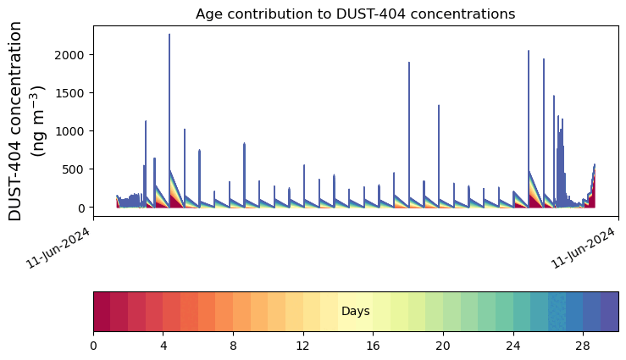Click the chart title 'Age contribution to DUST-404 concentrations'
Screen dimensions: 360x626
coord(355,14)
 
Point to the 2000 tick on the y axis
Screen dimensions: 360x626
coord(74,55)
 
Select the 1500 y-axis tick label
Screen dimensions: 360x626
coord(74,93)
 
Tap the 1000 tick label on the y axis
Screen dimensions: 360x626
coord(74,131)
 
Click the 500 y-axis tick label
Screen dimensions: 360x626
coord(77,169)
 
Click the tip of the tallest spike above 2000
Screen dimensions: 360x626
coord(169,35)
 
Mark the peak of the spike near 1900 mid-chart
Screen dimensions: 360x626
coord(409,63)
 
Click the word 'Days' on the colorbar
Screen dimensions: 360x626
coord(355,312)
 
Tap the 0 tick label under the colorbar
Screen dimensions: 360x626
coord(93,346)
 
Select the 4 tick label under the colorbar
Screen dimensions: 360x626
coord(163,346)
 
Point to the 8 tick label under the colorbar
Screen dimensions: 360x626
coord(233,346)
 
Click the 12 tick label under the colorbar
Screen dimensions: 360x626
coord(303,346)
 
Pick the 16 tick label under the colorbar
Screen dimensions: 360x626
coord(373,346)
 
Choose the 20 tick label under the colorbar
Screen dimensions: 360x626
coord(443,346)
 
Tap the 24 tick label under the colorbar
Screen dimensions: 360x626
coord(513,346)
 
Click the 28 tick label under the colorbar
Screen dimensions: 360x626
coord(583,346)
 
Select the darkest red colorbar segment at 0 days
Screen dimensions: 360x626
coord(102,312)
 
